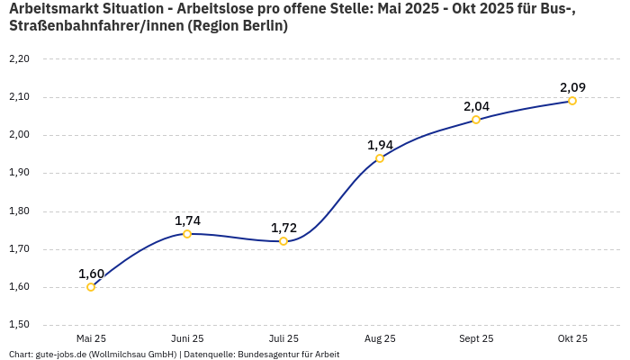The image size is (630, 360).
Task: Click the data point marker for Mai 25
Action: pyautogui.click(x=91, y=287)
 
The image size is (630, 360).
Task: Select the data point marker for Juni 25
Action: pyautogui.click(x=187, y=234)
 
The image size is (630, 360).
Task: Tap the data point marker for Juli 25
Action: pyautogui.click(x=283, y=241)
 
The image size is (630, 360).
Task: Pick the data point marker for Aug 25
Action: pyautogui.click(x=380, y=158)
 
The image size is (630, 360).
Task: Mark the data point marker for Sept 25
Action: pyautogui.click(x=476, y=120)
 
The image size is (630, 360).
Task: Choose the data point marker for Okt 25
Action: pyautogui.click(x=572, y=101)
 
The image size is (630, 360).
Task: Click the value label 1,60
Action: pyautogui.click(x=91, y=274)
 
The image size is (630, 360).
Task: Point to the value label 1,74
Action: pyautogui.click(x=187, y=220)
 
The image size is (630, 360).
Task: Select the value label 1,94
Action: pyautogui.click(x=380, y=145)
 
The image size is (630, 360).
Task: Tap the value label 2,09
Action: pyautogui.click(x=572, y=87)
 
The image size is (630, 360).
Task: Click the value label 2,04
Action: pyautogui.click(x=476, y=106)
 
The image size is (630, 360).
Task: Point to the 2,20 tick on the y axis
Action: pyautogui.click(x=19, y=59)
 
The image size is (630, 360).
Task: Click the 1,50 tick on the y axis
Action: pyautogui.click(x=19, y=325)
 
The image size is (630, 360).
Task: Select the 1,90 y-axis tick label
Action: pyautogui.click(x=19, y=173)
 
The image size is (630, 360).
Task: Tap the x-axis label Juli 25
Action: pyautogui.click(x=283, y=338)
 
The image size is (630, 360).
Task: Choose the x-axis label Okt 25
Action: pyautogui.click(x=572, y=338)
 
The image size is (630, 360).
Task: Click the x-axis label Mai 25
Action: pyautogui.click(x=91, y=338)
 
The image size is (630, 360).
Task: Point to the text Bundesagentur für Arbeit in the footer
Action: pyautogui.click(x=289, y=354)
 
